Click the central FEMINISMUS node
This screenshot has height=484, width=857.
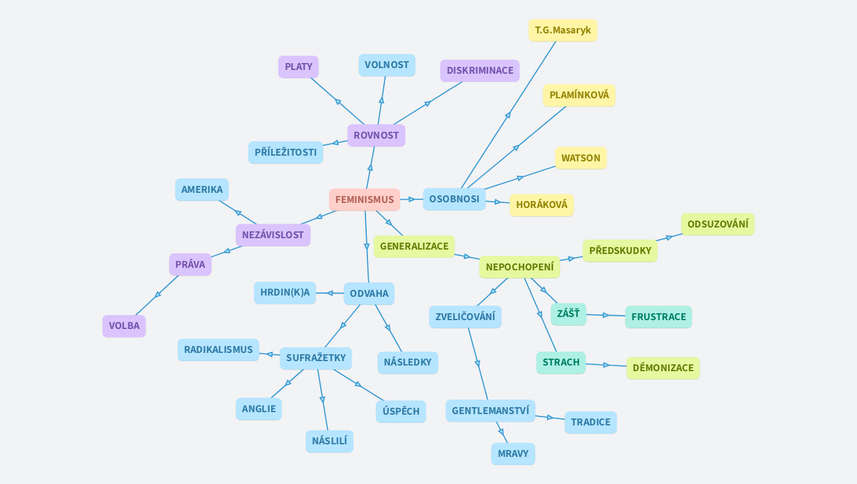pyautogui.click(x=364, y=200)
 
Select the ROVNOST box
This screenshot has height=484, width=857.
pyautogui.click(x=376, y=135)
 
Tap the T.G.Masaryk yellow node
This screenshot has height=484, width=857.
pyautogui.click(x=563, y=30)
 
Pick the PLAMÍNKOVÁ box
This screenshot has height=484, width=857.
pyautogui.click(x=579, y=95)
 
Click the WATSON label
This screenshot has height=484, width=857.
pyautogui.click(x=580, y=158)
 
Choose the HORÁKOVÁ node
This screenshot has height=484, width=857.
pyautogui.click(x=541, y=205)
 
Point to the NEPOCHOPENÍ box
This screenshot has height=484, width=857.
pyautogui.click(x=519, y=267)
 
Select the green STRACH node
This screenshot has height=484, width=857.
pyautogui.click(x=561, y=362)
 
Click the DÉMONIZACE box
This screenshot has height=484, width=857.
pyautogui.click(x=663, y=368)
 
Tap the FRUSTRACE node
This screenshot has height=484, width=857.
pyautogui.click(x=659, y=317)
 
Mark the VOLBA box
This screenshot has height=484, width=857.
pyautogui.click(x=124, y=326)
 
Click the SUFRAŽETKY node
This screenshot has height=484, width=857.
pyautogui.click(x=316, y=358)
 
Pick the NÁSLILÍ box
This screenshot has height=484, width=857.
pyautogui.click(x=330, y=441)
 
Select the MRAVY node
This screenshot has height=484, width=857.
pyautogui.click(x=513, y=454)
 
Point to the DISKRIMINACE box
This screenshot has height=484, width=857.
pyautogui.click(x=480, y=71)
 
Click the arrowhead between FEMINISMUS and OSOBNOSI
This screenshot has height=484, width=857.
pyautogui.click(x=412, y=199)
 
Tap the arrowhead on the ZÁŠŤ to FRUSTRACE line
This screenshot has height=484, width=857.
pyautogui.click(x=606, y=315)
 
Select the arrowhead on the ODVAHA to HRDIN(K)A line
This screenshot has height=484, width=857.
pyautogui.click(x=329, y=293)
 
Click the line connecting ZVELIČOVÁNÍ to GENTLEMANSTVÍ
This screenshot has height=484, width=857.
pyautogui.click(x=478, y=364)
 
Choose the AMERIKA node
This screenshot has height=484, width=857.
pyautogui.click(x=202, y=190)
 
